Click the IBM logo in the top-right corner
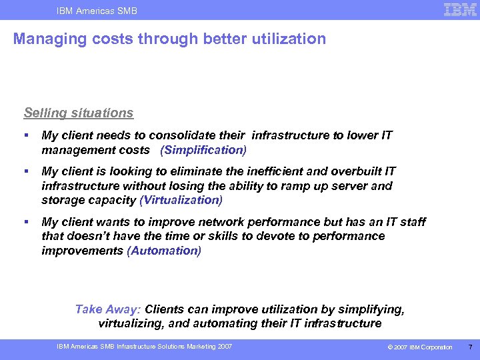[460, 9]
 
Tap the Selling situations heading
[79, 113]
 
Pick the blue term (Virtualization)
[181, 200]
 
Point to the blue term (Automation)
[164, 251]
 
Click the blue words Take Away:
[108, 309]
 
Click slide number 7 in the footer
[470, 347]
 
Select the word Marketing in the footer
[199, 347]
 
